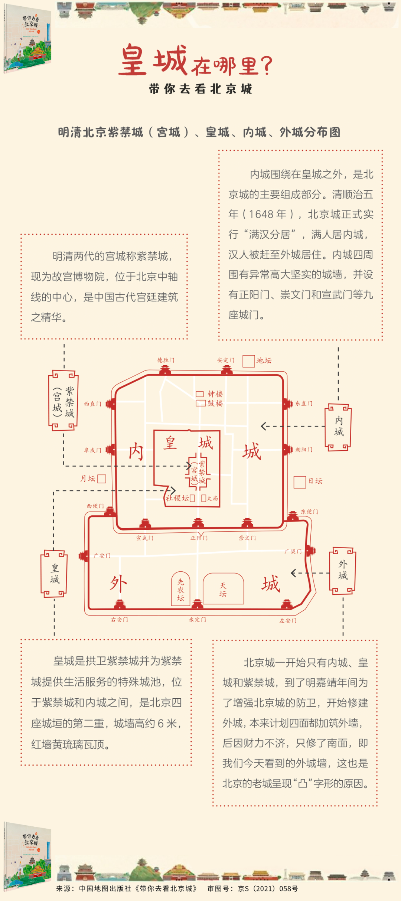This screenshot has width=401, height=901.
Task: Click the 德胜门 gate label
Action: (x=166, y=360)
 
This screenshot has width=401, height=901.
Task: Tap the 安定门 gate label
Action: (x=226, y=360)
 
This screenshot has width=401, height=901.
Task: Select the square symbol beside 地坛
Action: (x=248, y=361)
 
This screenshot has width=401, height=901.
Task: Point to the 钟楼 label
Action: (x=215, y=394)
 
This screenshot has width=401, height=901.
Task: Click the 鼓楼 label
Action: (x=215, y=403)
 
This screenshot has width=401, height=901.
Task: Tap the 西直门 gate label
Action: (x=92, y=404)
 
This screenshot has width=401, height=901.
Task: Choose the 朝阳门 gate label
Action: (x=304, y=450)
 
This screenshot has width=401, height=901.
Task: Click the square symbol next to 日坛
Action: (x=300, y=482)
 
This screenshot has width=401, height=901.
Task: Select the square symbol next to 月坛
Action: (x=101, y=479)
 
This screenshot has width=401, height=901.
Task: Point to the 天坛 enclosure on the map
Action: (x=223, y=589)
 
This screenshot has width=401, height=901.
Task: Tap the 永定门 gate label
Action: (x=197, y=620)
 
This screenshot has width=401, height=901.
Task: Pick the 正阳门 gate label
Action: (x=199, y=538)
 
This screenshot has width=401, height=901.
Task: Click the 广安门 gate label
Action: (x=102, y=556)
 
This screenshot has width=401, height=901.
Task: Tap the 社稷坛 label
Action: (x=177, y=498)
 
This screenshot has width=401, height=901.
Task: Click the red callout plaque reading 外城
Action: (x=342, y=571)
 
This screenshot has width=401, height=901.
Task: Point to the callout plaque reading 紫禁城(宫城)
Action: (x=63, y=400)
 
